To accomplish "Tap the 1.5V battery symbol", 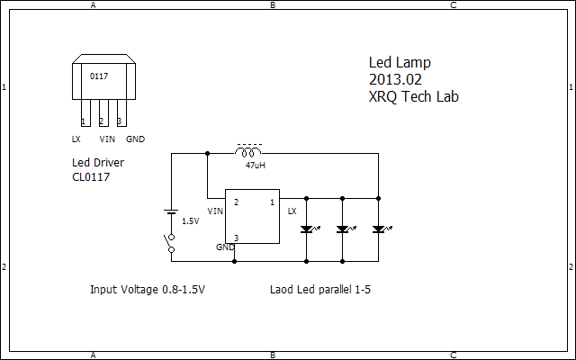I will pyautogui.click(x=171, y=212).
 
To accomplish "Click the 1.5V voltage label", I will pyautogui.click(x=191, y=220).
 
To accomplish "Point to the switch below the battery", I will pyautogui.click(x=169, y=243).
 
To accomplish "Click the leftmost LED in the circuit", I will pyautogui.click(x=307, y=229).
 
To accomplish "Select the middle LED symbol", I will pyautogui.click(x=343, y=229).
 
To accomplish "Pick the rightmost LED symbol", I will pyautogui.click(x=379, y=229).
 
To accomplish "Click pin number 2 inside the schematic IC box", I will pyautogui.click(x=236, y=202).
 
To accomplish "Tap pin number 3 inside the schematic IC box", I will pyautogui.click(x=236, y=238).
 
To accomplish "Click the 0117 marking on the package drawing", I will pyautogui.click(x=99, y=76).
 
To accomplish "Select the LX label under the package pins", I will pyautogui.click(x=76, y=139).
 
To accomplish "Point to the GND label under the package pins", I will pyautogui.click(x=135, y=139).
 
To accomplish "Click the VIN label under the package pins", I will pyautogui.click(x=106, y=139).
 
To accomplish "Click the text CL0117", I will pyautogui.click(x=92, y=177).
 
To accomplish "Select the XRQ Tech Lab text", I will pyautogui.click(x=413, y=96).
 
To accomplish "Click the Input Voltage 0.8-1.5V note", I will pyautogui.click(x=148, y=290).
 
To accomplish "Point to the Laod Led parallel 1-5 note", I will pyautogui.click(x=320, y=290).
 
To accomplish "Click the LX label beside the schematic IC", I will pyautogui.click(x=292, y=211).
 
